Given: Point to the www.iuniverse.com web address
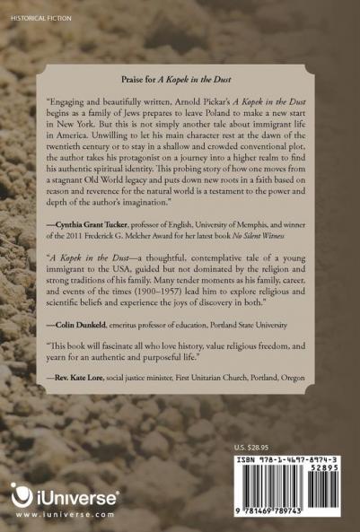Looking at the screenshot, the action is pyautogui.click(x=65, y=517).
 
